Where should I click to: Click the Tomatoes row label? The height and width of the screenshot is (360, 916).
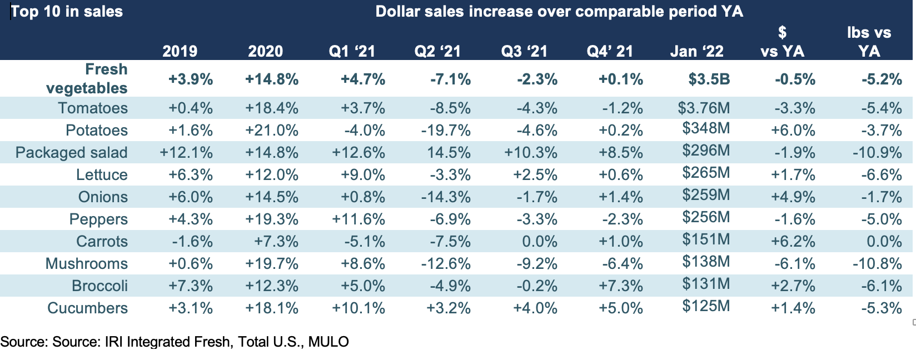[x=93, y=108]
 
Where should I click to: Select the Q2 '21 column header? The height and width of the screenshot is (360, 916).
[x=437, y=52]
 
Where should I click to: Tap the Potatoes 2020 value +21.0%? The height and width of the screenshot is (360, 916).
[x=272, y=131]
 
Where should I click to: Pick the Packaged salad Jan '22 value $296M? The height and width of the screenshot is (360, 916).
[x=706, y=151]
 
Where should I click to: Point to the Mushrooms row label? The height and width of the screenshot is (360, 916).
[x=87, y=263]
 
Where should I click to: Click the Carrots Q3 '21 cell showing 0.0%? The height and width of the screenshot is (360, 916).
[x=539, y=242]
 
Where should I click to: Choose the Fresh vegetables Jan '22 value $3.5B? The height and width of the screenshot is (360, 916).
[x=709, y=79]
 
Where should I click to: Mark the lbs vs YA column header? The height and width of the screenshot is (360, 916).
[x=869, y=42]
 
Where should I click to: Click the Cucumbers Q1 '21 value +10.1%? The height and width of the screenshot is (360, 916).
[x=358, y=308]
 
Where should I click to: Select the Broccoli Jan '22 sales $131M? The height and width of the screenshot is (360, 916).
[x=706, y=283]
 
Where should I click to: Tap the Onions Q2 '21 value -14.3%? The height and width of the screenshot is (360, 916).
[x=446, y=197]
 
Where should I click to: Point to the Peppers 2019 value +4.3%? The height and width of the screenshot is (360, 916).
[x=191, y=219]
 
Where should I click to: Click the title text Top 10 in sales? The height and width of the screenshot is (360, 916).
[x=67, y=12]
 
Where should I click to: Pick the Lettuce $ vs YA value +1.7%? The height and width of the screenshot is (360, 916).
[x=793, y=175]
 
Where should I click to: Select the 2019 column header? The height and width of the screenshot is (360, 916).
[x=180, y=52]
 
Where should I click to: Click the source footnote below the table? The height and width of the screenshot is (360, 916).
[x=175, y=342]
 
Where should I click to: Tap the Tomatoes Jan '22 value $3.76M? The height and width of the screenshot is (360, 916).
[x=704, y=108]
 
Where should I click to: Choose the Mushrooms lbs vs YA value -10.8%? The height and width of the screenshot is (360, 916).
[x=877, y=263]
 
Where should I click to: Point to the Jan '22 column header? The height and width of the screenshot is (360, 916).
[x=697, y=52]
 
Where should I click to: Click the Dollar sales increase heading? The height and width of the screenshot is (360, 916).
[x=559, y=12]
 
